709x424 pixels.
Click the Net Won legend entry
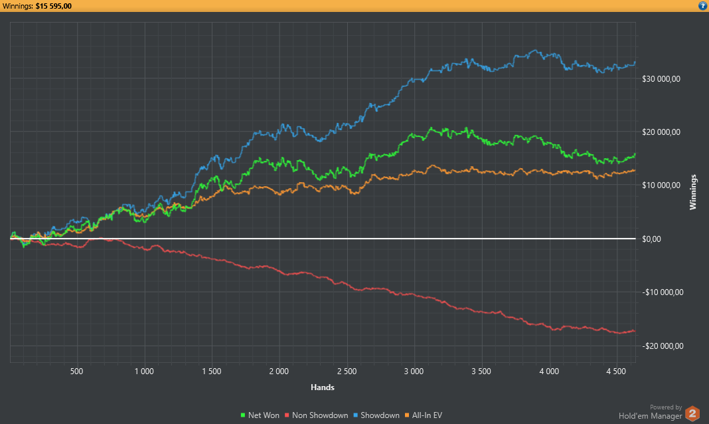coord(260,415)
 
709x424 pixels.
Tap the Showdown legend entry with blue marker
coord(377,415)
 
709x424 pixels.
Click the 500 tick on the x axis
coord(76,371)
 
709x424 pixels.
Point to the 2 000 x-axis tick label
coord(279,371)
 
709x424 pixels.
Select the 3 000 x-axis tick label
coord(414,371)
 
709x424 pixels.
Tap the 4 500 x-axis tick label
coord(617,371)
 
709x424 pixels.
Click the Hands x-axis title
coord(322,387)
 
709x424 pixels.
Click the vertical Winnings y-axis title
coord(693,192)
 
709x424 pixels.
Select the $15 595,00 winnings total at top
coord(54,6)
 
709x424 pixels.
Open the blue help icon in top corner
coord(702,6)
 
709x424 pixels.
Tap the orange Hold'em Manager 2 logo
coord(692,413)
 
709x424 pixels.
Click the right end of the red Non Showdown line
coord(635,331)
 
